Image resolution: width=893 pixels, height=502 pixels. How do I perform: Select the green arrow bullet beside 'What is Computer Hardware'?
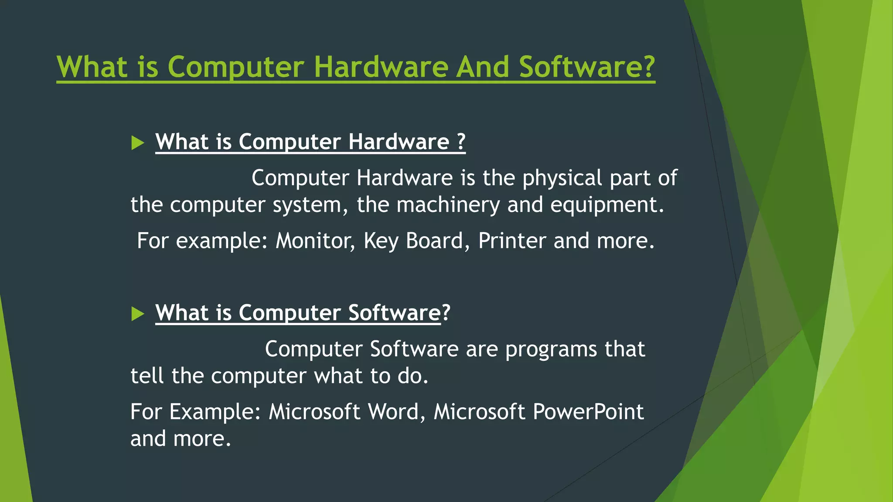click(x=137, y=142)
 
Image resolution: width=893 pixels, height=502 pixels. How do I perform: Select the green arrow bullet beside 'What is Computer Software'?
click(x=137, y=313)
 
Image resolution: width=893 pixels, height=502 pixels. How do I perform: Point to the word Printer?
click(x=512, y=241)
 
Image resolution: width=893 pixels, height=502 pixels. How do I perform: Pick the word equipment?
click(x=607, y=205)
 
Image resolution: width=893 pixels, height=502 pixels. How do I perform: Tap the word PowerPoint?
click(x=588, y=412)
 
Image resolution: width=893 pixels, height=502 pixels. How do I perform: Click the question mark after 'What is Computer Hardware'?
click(x=461, y=142)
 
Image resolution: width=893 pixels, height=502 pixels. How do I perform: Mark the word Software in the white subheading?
click(x=395, y=313)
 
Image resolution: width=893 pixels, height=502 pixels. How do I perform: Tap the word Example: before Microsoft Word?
click(x=215, y=412)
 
